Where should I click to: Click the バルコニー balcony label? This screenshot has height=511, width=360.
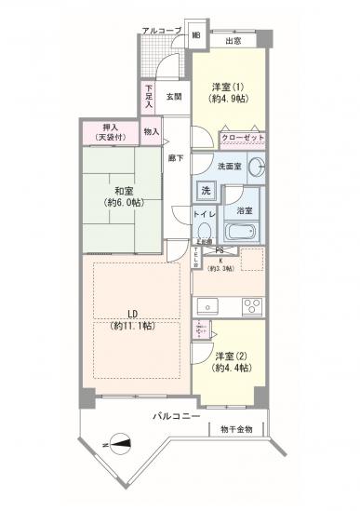(x=178, y=418)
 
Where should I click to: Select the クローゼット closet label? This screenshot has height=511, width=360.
(x=244, y=138)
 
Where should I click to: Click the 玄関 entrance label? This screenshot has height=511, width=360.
(x=174, y=95)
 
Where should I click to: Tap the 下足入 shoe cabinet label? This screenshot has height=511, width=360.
(x=150, y=96)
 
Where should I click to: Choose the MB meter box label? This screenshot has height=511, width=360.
(x=195, y=35)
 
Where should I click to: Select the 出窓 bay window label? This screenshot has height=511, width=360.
(x=233, y=40)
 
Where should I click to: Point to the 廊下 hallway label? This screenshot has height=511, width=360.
(x=174, y=158)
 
